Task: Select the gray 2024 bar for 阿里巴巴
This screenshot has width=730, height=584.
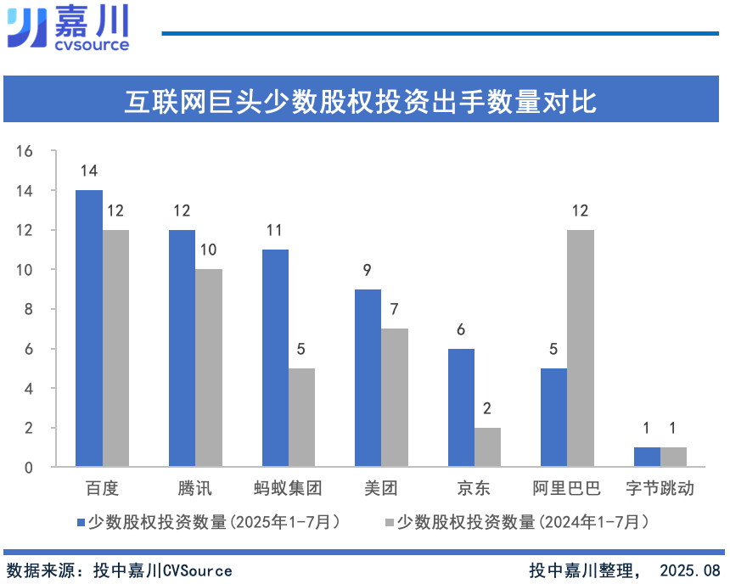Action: tap(580, 348)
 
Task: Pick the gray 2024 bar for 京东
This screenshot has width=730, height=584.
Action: tap(487, 447)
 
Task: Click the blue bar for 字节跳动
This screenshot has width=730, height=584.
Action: tap(647, 457)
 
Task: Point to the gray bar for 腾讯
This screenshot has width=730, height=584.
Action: tap(208, 368)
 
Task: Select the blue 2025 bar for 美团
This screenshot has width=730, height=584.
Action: tap(368, 378)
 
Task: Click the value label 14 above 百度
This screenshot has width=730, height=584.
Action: tap(89, 171)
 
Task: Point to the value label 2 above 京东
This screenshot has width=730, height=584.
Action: tap(487, 408)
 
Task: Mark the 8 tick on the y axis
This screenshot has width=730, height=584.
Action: tap(28, 309)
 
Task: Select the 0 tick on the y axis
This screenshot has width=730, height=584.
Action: tap(28, 467)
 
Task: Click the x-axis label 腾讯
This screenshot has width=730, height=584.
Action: tap(194, 488)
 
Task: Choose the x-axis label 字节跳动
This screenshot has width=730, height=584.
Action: tap(660, 488)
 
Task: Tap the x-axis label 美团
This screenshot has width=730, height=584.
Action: tap(380, 488)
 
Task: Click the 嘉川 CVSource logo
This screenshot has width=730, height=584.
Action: tap(68, 27)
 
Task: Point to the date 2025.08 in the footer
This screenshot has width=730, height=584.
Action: tap(688, 570)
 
